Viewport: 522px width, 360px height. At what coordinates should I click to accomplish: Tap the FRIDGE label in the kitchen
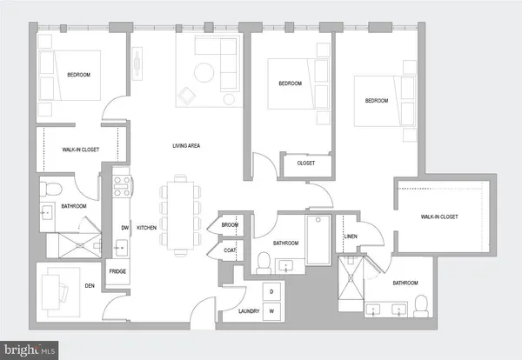pyautogui.click(x=117, y=272)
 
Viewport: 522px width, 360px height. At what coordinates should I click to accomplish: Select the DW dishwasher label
pyautogui.click(x=124, y=228)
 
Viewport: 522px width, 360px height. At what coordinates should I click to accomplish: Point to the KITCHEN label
pyautogui.click(x=146, y=228)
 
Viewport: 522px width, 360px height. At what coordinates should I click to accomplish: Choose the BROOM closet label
pyautogui.click(x=230, y=224)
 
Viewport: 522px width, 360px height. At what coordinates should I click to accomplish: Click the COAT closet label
pyautogui.click(x=230, y=250)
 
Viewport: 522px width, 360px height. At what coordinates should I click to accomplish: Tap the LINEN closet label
pyautogui.click(x=351, y=237)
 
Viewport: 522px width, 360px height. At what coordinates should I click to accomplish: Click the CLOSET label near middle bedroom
pyautogui.click(x=305, y=163)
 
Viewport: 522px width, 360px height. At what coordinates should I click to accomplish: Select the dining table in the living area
pyautogui.click(x=182, y=216)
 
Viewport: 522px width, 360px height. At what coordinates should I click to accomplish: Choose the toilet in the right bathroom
pyautogui.click(x=420, y=305)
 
